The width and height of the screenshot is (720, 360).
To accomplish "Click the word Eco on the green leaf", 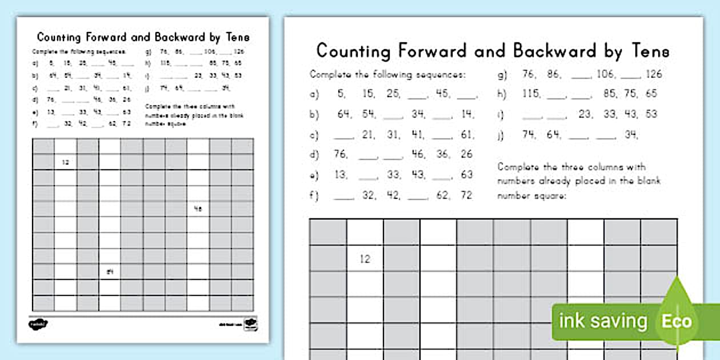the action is point(677,321).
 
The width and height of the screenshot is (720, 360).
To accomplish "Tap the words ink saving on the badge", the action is point(603,321).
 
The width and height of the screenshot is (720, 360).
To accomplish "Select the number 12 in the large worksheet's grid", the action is point(365,259).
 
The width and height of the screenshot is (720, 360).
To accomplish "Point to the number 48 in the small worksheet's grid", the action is point(198,209).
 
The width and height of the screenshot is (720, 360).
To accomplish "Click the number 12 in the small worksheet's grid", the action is point(65,162).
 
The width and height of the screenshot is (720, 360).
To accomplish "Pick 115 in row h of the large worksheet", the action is point(531,94).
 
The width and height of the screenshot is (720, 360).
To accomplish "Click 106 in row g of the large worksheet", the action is point(605,74).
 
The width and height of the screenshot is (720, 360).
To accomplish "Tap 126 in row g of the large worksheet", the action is point(654,74).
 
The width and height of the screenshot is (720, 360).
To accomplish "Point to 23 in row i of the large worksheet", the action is point(585,114).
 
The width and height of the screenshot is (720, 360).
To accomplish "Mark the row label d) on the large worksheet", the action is point(314,155).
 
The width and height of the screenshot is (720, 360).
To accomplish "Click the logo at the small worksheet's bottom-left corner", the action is point(38,324).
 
